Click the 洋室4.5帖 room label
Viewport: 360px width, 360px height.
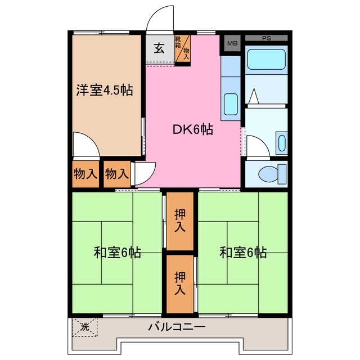coord(105,90)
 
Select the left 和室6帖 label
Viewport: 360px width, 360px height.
coord(117,253)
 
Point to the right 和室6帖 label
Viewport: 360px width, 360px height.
coord(243,253)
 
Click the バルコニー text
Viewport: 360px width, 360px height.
coord(177,327)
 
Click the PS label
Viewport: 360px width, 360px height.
coord(266,38)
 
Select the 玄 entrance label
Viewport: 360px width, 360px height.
coord(159,48)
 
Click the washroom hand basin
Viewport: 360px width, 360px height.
coord(282,143)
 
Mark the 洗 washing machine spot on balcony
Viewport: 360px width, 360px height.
coord(84,327)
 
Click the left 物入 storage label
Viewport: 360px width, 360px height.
coord(85,174)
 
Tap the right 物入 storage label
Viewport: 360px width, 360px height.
coord(117,174)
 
